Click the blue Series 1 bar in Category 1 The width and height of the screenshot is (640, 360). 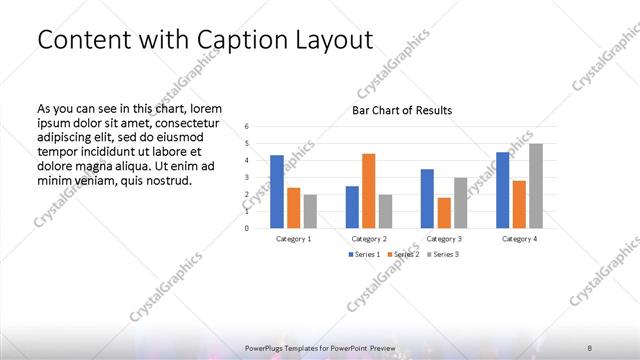pyautogui.click(x=277, y=191)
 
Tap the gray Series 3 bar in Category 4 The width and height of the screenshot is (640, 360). pyautogui.click(x=536, y=185)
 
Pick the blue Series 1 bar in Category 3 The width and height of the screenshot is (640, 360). pyautogui.click(x=427, y=198)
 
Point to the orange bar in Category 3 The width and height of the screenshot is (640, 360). pyautogui.click(x=444, y=212)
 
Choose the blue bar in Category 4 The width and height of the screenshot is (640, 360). pyautogui.click(x=502, y=189)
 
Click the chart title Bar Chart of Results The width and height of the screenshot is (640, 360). pyautogui.click(x=402, y=110)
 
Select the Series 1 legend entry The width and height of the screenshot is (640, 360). pyautogui.click(x=363, y=254)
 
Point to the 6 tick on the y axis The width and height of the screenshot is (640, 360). pyautogui.click(x=247, y=126)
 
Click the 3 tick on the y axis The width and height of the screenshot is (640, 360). pyautogui.click(x=247, y=177)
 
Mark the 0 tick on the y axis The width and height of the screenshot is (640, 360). pyautogui.click(x=247, y=228)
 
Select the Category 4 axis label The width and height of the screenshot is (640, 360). pyautogui.click(x=518, y=239)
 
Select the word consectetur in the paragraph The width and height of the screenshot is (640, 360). pyautogui.click(x=188, y=121)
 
